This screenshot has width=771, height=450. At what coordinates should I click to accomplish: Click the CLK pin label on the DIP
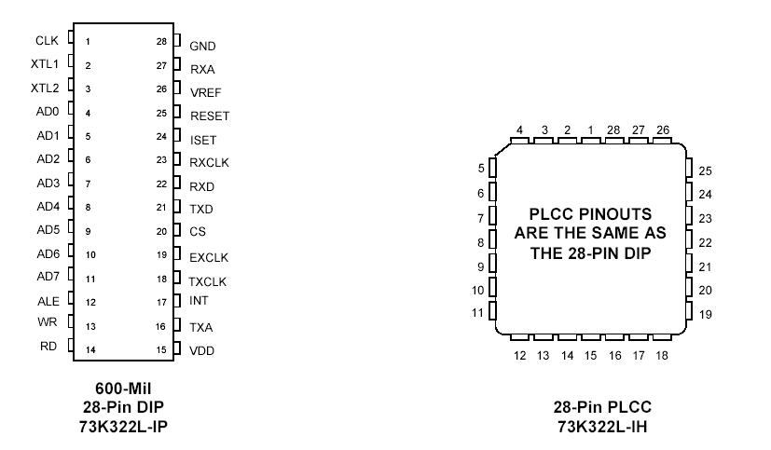[47, 40]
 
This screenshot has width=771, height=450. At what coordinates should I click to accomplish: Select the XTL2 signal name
[45, 88]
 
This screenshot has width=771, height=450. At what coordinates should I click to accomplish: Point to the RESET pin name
[209, 116]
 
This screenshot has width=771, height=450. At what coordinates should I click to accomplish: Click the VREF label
[205, 93]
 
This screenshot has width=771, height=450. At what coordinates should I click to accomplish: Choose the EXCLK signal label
[209, 257]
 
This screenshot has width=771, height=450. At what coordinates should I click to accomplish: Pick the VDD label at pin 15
[202, 351]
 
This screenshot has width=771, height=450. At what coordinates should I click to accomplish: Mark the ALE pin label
[48, 301]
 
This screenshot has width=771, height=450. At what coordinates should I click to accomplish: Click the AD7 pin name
[48, 277]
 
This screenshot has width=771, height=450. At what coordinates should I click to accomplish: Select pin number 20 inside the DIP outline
[161, 231]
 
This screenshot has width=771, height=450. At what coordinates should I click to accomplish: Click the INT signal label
[199, 300]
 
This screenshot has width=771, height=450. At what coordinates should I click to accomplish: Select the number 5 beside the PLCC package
[481, 169]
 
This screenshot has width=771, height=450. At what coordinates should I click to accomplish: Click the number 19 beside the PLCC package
[706, 315]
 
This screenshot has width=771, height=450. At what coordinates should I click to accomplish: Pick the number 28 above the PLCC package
[613, 130]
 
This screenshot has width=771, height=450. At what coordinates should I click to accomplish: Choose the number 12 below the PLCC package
[520, 356]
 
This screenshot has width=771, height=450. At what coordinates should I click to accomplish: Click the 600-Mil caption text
[123, 388]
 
